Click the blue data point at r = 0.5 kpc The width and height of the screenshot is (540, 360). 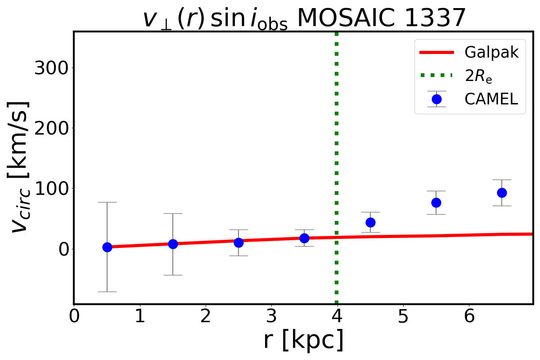coord(107,247)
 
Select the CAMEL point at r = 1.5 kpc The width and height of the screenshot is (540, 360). coord(173,244)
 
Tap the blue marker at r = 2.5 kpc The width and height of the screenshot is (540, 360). coord(238,243)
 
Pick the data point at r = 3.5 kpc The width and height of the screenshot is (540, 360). coord(304,238)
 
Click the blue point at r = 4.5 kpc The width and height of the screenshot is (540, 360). coord(370,222)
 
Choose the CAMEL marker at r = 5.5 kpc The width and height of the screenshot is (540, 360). coord(436,202)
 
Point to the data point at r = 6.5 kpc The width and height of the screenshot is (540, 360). coord(502,193)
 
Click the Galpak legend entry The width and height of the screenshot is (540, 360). coord(492,53)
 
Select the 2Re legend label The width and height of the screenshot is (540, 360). coord(479,76)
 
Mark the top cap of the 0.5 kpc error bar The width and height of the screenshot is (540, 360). coord(107,202)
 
